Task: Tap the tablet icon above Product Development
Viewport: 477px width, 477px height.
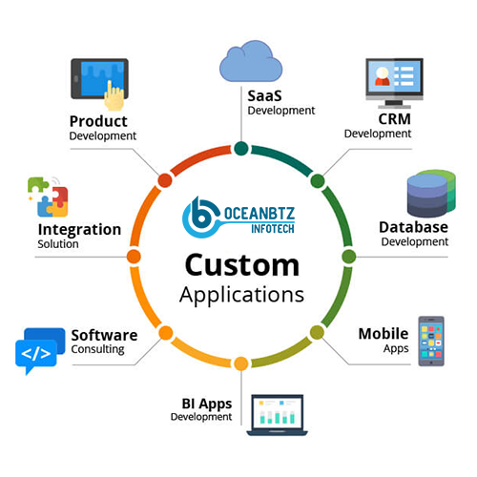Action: tap(99, 79)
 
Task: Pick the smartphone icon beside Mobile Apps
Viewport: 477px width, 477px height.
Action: tap(430, 342)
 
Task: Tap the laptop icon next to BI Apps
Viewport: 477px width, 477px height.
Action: tap(276, 411)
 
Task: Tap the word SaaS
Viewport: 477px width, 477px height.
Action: tap(265, 94)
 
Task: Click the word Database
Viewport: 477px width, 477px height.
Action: tap(413, 227)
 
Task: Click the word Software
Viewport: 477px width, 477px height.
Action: tap(104, 335)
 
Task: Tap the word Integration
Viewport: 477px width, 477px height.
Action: tap(79, 229)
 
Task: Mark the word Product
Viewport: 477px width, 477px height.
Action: tap(98, 120)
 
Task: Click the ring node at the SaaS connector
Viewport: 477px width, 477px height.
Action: tap(240, 148)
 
